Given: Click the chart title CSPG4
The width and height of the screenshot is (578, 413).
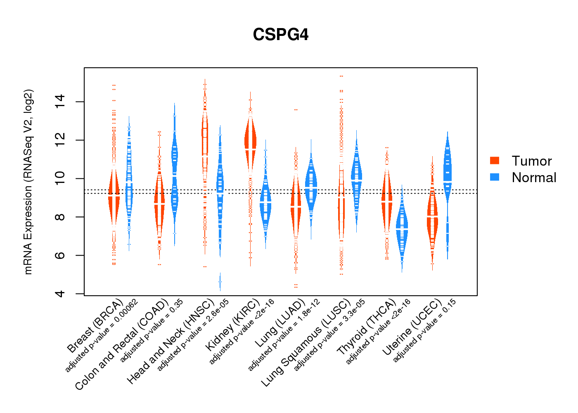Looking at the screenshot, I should tap(281, 35).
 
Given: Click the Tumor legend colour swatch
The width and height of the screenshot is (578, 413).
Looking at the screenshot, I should tap(495, 161).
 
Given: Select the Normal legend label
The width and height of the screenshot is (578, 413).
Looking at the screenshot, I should tap(534, 178).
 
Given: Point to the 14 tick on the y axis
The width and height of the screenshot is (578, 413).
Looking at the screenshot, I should tap(60, 102).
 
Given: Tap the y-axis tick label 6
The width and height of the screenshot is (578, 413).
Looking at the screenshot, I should tap(60, 255).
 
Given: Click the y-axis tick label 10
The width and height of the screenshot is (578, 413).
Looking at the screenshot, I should tap(60, 178).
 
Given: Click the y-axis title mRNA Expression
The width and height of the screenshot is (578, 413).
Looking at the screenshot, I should tap(28, 182).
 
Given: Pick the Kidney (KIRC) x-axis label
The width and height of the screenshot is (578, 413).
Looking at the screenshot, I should tap(233, 324).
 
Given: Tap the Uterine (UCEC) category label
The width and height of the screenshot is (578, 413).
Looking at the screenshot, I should tap(412, 328).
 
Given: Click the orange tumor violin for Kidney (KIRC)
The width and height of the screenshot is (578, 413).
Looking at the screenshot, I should tap(250, 140).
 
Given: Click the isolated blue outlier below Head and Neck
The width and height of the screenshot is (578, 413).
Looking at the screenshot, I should tap(220, 282).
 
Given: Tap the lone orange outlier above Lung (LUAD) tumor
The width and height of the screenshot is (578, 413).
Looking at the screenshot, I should tap(296, 110).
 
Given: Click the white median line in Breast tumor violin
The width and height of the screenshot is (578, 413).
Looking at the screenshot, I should tap(114, 197).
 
